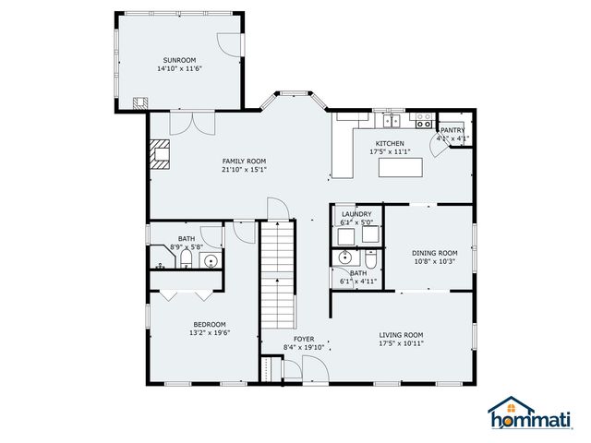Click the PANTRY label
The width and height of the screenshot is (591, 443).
pos(452,130)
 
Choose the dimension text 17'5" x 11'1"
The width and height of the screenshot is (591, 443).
pos(388,152)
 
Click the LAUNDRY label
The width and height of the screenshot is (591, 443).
pos(356,213)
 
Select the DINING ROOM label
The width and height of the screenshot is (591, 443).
pos(434,253)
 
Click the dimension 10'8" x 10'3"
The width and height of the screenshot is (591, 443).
pos(434,261)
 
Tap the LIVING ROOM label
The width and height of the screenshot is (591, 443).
pos(401,335)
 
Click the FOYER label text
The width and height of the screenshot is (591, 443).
pos(304,339)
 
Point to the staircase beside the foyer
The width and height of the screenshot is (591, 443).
pos(274,277)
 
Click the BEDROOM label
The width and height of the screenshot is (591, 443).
pos(209,324)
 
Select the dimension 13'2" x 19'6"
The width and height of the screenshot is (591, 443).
pos(209,332)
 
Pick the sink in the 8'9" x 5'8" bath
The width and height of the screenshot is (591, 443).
pos(211,262)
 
